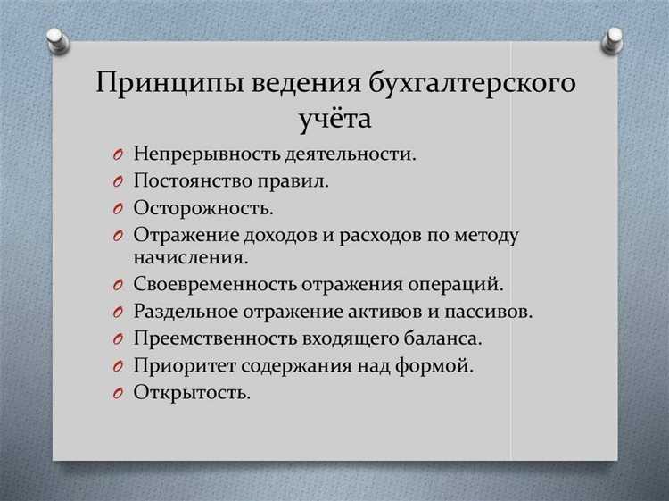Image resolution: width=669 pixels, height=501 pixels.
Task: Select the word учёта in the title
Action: tap(334, 119)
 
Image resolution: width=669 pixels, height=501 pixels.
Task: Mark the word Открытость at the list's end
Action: tap(191, 392)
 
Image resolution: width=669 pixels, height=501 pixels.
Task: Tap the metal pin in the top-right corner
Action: tap(612, 38)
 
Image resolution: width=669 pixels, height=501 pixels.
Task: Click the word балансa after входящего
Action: tap(441, 338)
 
